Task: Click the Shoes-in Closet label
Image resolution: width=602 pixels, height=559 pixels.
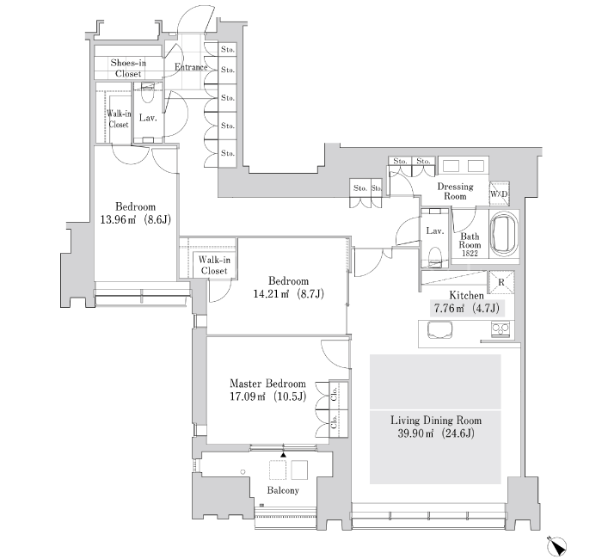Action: coord(128,68)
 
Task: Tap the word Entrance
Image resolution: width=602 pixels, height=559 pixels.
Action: coord(191,67)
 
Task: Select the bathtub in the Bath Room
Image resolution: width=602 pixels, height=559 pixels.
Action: coord(504,234)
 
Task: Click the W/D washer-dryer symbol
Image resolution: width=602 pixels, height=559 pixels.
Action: coord(499,193)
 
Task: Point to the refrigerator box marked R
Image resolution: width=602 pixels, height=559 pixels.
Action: coord(501,283)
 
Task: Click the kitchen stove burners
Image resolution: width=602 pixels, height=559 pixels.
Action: coord(501,329)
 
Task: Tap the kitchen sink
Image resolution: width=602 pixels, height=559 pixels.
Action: coord(439,329)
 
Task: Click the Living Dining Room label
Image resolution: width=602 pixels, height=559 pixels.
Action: coord(436,421)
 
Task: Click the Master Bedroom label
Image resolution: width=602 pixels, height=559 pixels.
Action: coord(267,384)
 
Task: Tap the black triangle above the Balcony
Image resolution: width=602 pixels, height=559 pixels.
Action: coord(283,455)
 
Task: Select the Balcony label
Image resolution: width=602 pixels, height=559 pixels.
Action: coord(283,490)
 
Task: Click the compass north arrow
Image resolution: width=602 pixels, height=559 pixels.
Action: coord(556,545)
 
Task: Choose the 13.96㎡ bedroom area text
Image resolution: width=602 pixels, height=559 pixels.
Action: coord(118,220)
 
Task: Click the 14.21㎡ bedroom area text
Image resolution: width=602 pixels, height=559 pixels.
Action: coord(271,294)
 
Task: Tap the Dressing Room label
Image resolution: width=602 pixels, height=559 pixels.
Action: coord(455,191)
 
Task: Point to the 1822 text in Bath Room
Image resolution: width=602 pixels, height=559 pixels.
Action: coord(470,254)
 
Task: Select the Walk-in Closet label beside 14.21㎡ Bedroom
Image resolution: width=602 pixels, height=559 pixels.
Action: coord(214,265)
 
